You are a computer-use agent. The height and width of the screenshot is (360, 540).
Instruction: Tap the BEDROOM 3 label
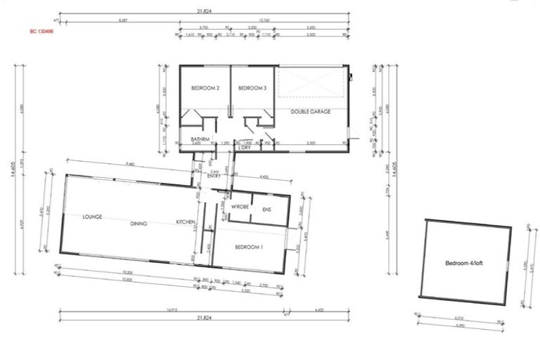[252, 88]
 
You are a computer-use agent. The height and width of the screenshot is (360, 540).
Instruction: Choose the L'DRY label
[245, 148]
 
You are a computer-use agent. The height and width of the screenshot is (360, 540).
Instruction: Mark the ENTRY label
[214, 176]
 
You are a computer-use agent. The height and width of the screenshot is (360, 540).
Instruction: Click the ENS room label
[266, 210]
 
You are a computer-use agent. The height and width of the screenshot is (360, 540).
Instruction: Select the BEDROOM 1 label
[249, 247]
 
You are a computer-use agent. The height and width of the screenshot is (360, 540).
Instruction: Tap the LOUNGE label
[93, 217]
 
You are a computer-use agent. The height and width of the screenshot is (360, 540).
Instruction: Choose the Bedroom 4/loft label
[464, 264]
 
